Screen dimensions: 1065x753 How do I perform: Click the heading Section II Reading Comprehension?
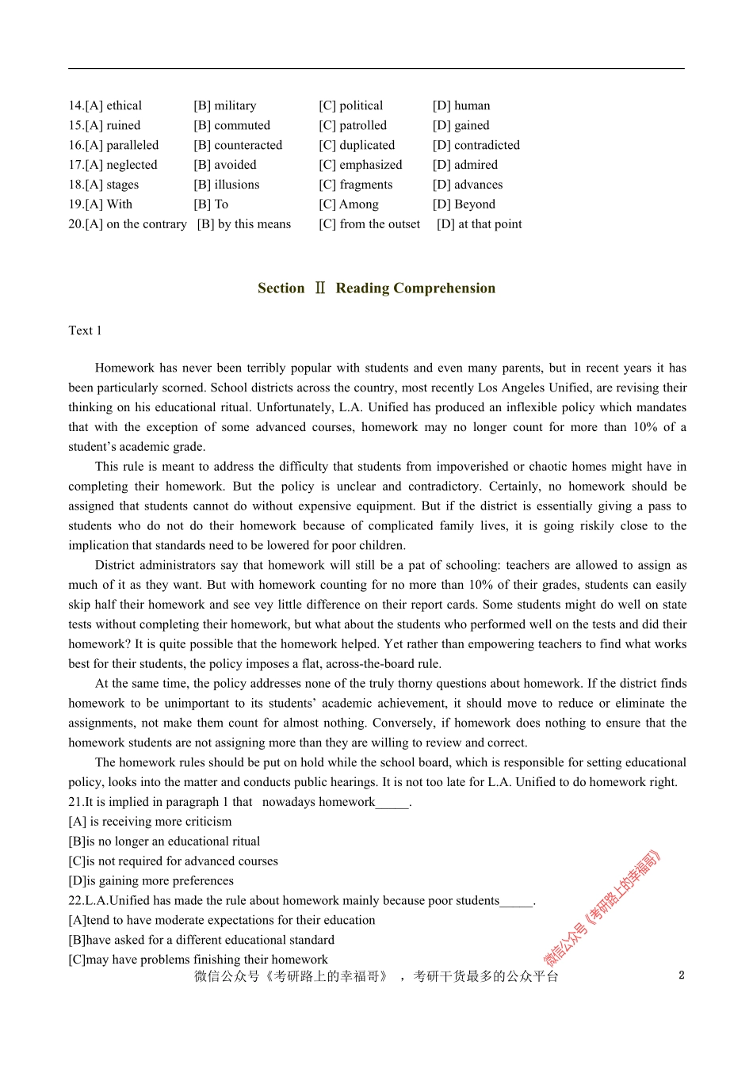(376, 288)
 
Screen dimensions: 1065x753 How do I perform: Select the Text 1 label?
(85, 330)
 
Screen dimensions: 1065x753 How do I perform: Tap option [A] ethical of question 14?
(105, 105)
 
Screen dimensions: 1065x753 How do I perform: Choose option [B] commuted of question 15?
(231, 125)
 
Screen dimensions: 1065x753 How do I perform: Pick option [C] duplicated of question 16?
(357, 145)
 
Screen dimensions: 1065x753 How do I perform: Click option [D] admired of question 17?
(465, 165)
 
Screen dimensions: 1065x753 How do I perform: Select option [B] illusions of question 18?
(227, 185)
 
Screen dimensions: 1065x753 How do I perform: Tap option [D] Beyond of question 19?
(464, 204)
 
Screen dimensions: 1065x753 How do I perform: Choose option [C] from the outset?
(369, 224)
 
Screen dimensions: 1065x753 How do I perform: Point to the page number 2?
(682, 975)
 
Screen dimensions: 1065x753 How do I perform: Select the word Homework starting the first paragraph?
(124, 368)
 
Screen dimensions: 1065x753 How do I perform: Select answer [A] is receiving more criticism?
(151, 822)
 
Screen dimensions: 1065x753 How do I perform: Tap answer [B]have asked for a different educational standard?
(201, 940)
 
